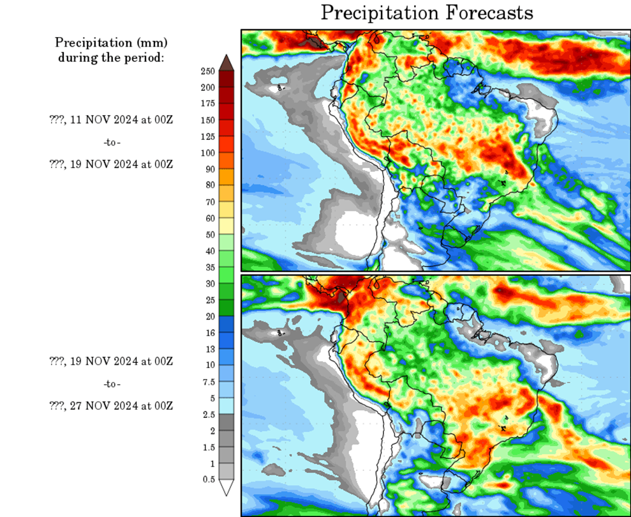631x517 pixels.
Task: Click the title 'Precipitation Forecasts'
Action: tap(426, 13)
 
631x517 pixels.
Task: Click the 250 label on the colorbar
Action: tap(207, 70)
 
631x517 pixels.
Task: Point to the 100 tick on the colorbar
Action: tap(207, 153)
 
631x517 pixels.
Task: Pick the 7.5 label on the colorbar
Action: tap(208, 382)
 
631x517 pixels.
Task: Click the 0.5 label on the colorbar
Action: tap(208, 479)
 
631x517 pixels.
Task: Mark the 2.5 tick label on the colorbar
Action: tap(208, 415)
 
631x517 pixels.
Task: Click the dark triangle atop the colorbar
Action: tap(226, 62)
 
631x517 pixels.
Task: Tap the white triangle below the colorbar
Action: tap(226, 488)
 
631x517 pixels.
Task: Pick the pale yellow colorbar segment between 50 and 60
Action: tap(226, 226)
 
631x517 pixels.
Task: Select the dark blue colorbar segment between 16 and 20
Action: tap(226, 324)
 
